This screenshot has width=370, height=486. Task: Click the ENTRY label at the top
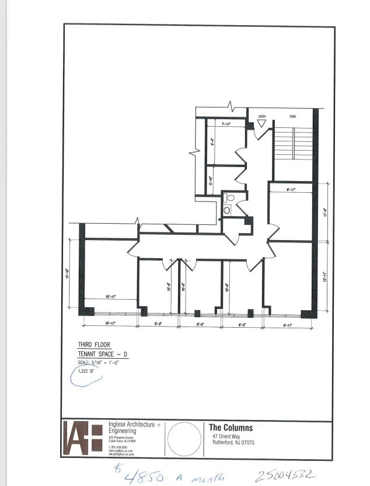point(262,117)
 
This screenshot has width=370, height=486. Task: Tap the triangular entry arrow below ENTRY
point(262,124)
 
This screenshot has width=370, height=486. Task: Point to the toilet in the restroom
point(230,198)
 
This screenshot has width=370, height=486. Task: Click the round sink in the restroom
point(226,210)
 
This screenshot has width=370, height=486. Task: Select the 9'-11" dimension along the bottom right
point(288,324)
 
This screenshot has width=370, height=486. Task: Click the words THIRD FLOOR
point(94,345)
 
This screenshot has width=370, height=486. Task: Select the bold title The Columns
point(231,428)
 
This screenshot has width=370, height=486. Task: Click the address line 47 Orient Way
point(225,436)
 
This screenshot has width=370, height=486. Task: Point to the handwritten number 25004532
point(285,475)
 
